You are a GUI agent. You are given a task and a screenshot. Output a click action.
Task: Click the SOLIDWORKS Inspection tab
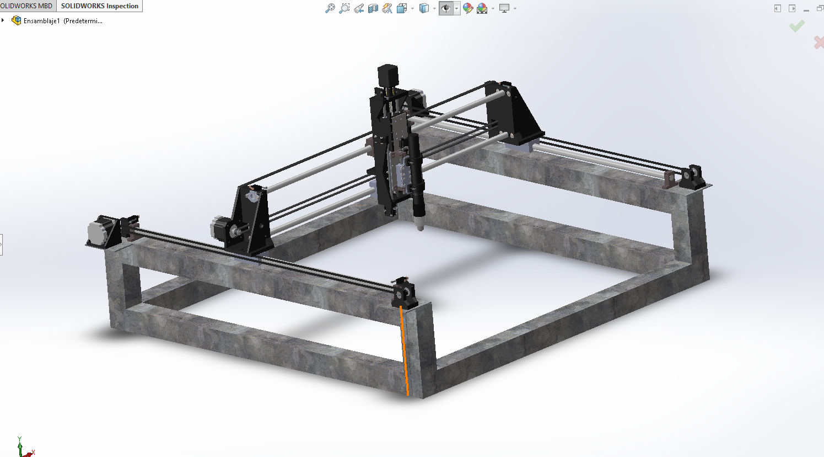click(99, 6)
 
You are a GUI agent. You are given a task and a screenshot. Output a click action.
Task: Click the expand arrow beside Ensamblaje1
click(3, 20)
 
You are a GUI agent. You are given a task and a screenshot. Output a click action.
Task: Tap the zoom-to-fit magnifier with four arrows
click(330, 8)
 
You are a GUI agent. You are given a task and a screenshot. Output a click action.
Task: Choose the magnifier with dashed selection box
click(344, 8)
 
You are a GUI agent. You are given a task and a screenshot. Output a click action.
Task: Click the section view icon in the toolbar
click(373, 8)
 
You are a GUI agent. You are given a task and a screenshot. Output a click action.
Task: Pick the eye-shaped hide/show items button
click(446, 8)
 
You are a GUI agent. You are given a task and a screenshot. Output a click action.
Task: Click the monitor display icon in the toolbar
click(504, 8)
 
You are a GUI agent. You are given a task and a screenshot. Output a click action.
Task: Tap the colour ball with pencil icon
click(468, 8)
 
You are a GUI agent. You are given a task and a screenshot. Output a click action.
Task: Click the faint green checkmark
click(796, 26)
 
